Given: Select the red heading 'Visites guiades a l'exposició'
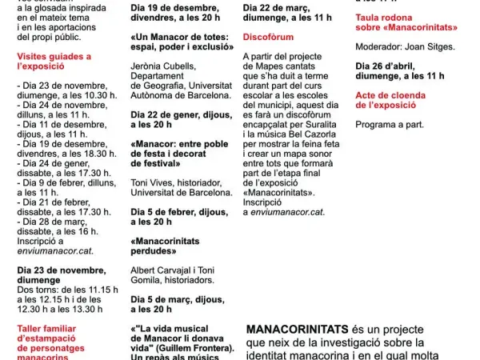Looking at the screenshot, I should [54, 62].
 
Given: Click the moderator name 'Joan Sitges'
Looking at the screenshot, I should [434, 46].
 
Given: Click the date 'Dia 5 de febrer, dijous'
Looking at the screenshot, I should [167, 210].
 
